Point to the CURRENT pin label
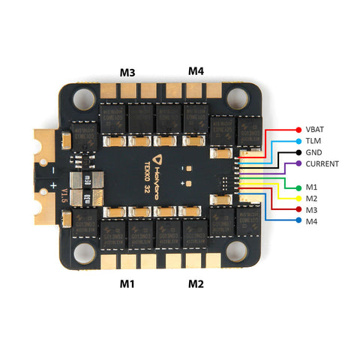tap(323, 163)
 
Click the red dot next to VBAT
tap(299, 129)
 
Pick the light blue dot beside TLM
tap(299, 140)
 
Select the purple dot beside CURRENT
tap(299, 163)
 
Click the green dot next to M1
tap(299, 187)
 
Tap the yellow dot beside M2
tap(299, 199)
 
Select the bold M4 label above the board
tap(196, 71)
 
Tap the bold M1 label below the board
tap(128, 284)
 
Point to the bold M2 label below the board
tap(196, 284)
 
